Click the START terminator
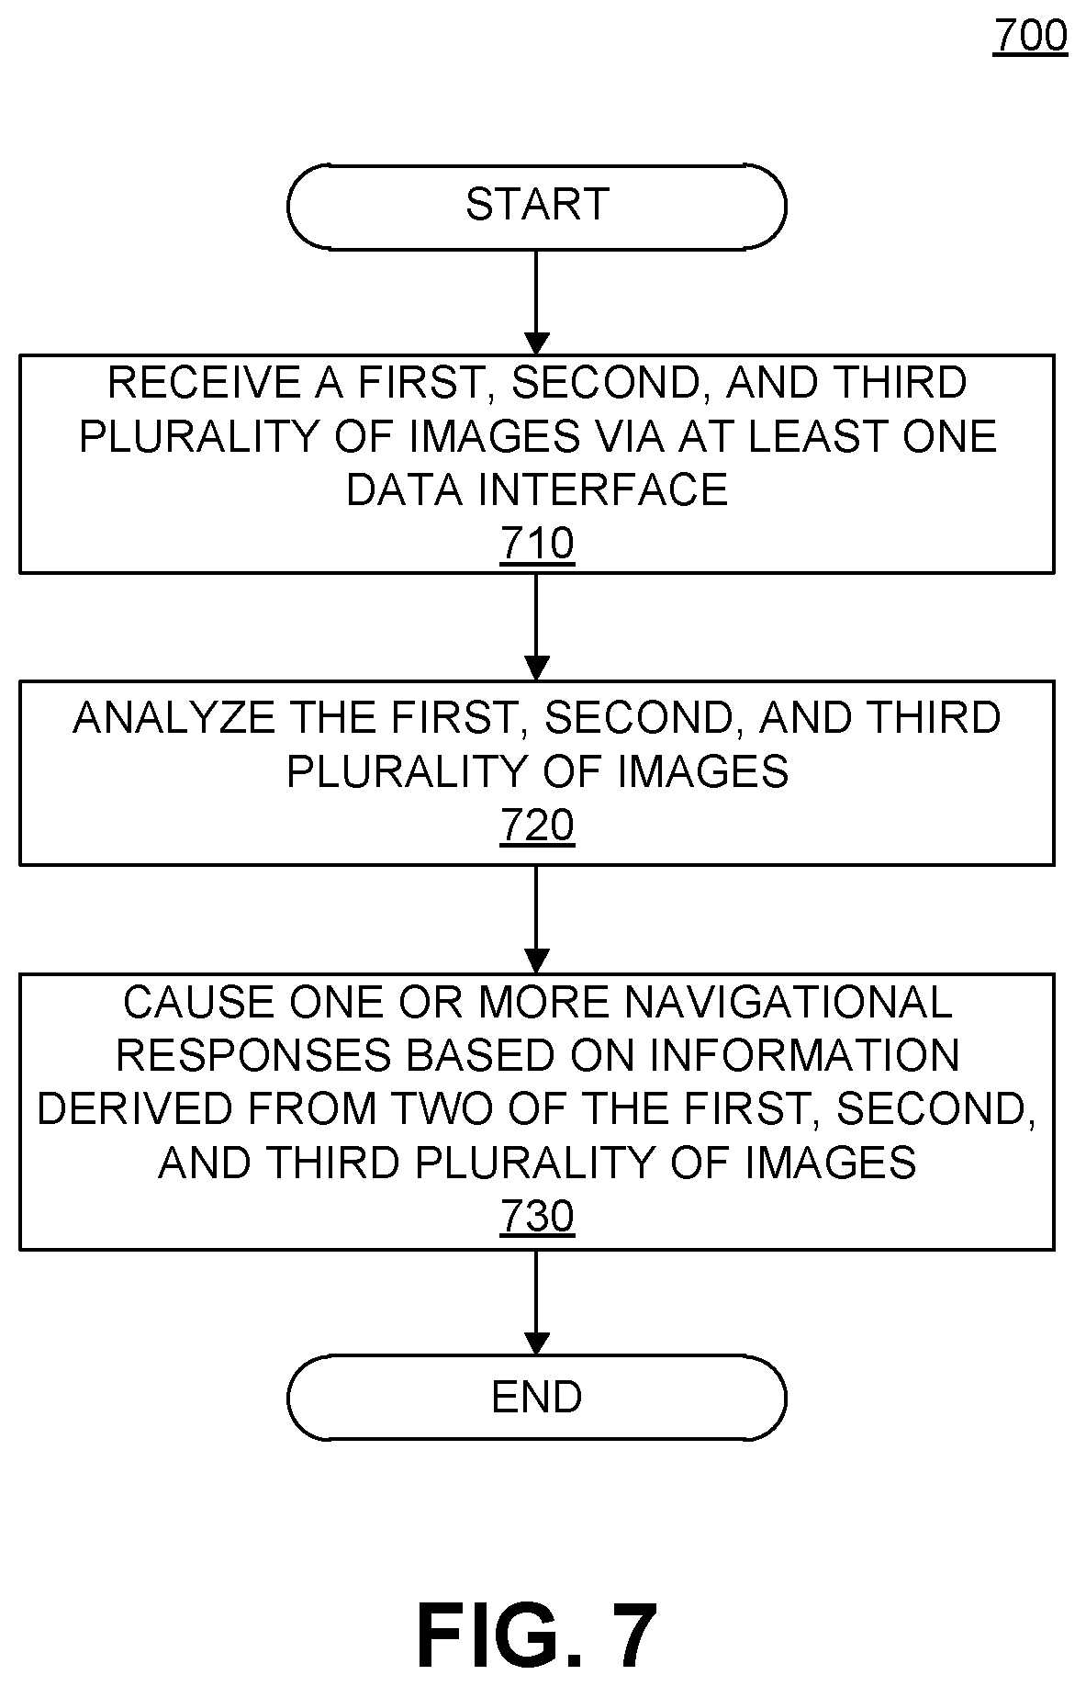pyautogui.click(x=536, y=207)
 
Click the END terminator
pyautogui.click(x=536, y=1397)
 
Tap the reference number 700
pyautogui.click(x=1030, y=37)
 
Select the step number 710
pyautogui.click(x=537, y=543)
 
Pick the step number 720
pyautogui.click(x=537, y=825)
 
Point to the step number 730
pyautogui.click(x=537, y=1216)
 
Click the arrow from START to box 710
pyautogui.click(x=536, y=302)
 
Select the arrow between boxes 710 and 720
pyautogui.click(x=536, y=627)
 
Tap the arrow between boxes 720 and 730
pyautogui.click(x=536, y=919)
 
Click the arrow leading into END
pyautogui.click(x=536, y=1302)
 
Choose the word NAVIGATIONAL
pyautogui.click(x=789, y=1002)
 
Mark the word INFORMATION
pyautogui.click(x=804, y=1055)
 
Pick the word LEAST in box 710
pyautogui.click(x=814, y=436)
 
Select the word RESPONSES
pyautogui.click(x=254, y=1055)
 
